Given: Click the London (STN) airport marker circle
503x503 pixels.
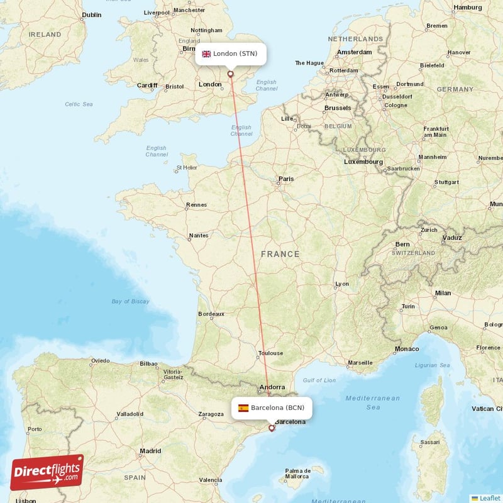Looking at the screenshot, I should [x=231, y=74].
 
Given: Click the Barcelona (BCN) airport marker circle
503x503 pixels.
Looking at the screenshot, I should [x=272, y=428].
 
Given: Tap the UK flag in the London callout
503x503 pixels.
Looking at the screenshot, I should [x=206, y=54].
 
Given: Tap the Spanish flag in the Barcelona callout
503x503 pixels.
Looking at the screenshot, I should [x=243, y=408].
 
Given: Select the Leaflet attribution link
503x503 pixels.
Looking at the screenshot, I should [x=489, y=498].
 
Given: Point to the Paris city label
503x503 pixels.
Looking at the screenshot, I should [x=286, y=179].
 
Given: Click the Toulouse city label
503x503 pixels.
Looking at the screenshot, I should [x=271, y=353].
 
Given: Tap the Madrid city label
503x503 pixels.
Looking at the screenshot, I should [x=150, y=451].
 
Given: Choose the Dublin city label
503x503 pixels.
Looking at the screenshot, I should [x=91, y=14].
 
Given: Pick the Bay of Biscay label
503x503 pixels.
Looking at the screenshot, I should [x=130, y=302].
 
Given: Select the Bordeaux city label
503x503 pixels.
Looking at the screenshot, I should [x=211, y=314].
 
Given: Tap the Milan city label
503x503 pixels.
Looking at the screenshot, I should [x=443, y=293].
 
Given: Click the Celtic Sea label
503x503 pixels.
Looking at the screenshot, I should [x=79, y=104].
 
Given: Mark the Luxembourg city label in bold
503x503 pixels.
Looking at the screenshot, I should [x=363, y=162].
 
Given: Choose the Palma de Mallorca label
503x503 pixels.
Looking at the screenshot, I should [x=298, y=473].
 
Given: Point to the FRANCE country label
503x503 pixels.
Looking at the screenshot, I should [x=280, y=254].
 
